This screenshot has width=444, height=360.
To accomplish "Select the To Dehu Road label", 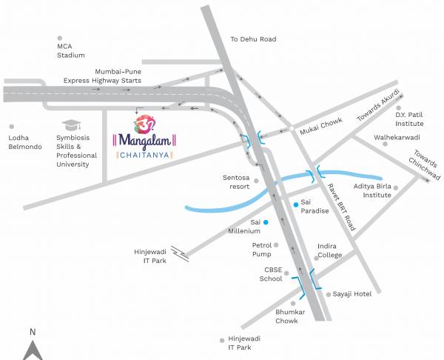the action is pos(253,39).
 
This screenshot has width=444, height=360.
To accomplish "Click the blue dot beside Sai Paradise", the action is pos(296,204).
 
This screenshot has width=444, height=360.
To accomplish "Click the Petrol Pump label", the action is pos(263,249).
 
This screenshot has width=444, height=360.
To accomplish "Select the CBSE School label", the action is pos(271,275).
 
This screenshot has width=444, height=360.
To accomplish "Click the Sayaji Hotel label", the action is pos(352,294).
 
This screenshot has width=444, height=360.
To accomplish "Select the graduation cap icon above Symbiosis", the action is pos(70,125).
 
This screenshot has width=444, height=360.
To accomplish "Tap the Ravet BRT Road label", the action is pos(342,207).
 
